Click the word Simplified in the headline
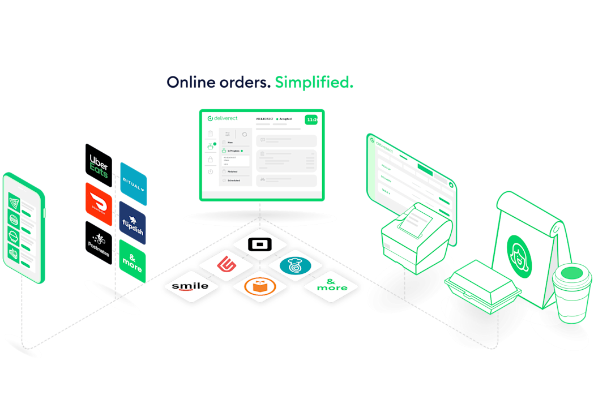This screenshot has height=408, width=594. pyautogui.click(x=314, y=83)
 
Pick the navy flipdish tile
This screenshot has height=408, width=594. pyautogui.click(x=133, y=222)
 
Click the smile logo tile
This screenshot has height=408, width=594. pyautogui.click(x=190, y=286)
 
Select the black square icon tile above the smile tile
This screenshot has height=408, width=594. pyautogui.click(x=260, y=245)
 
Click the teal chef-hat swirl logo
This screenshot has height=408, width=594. pyautogui.click(x=296, y=265)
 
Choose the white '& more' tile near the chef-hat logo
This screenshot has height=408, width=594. pyautogui.click(x=331, y=285)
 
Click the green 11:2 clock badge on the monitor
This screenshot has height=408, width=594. pyautogui.click(x=311, y=120)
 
